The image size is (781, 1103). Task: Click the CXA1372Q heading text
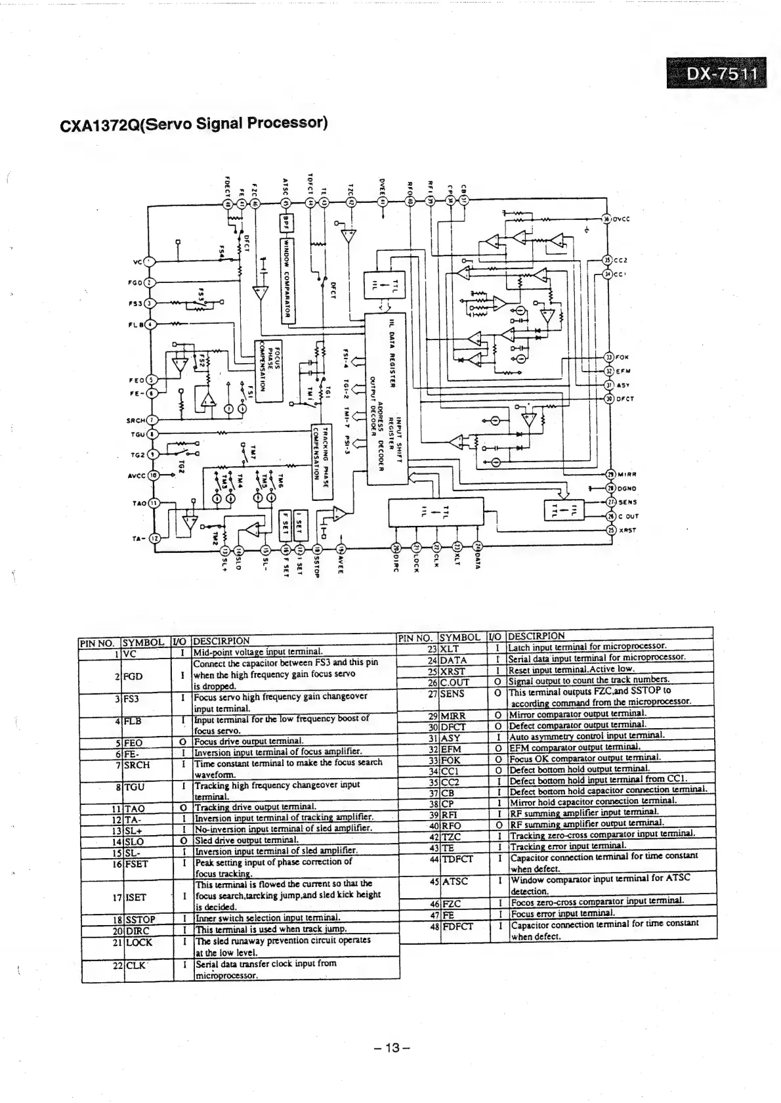click(194, 123)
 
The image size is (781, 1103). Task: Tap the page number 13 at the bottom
click(391, 1048)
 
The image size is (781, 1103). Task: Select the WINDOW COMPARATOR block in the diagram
click(285, 278)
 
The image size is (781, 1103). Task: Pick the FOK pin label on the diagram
click(623, 358)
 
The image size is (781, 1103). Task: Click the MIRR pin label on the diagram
click(626, 475)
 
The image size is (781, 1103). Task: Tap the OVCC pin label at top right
click(622, 219)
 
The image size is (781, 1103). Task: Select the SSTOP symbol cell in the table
click(140, 919)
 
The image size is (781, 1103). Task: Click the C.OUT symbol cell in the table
click(455, 682)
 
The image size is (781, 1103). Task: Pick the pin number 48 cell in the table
click(433, 926)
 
